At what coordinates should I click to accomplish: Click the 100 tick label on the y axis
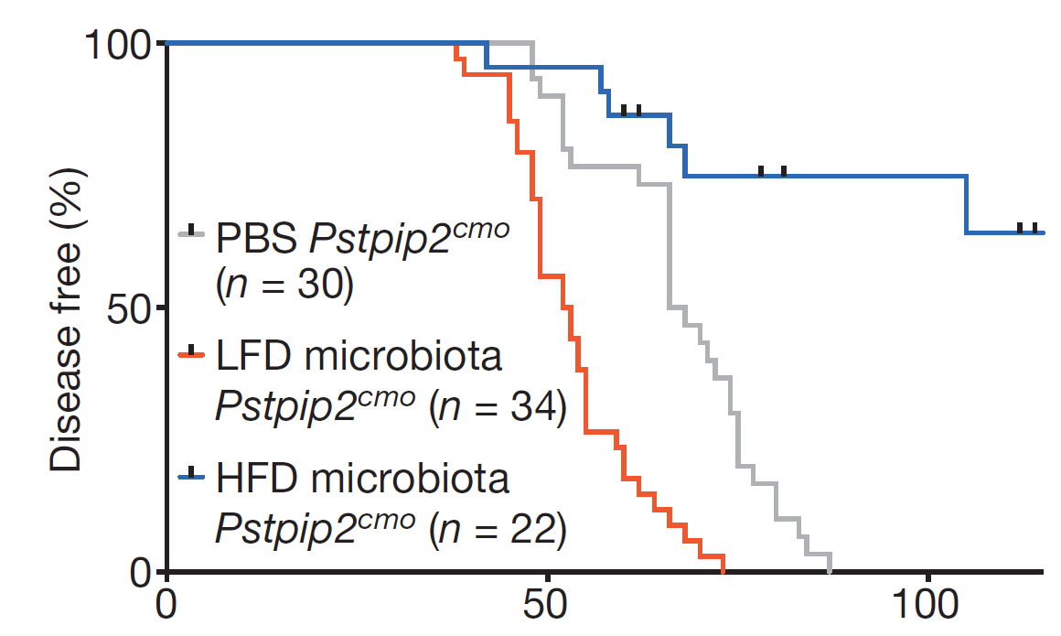click(116, 45)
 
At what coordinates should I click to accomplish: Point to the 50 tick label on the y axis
click(129, 308)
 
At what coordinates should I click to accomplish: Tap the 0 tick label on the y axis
click(140, 572)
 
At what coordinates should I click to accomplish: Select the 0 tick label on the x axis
click(166, 604)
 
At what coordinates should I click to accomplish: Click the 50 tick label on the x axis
click(545, 604)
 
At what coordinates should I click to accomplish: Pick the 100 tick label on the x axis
click(925, 604)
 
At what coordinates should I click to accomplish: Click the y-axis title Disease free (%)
click(66, 318)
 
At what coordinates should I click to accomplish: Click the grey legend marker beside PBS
click(191, 232)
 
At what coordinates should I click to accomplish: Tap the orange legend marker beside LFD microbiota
click(191, 351)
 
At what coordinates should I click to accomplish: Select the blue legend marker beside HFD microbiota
click(191, 474)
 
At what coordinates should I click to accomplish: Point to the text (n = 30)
click(284, 285)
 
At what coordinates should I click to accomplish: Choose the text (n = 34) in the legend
click(498, 407)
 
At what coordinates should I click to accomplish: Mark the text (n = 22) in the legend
click(498, 529)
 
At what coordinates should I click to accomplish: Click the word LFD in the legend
click(254, 356)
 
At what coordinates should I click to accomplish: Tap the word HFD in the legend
click(257, 479)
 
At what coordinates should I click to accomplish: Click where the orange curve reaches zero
click(723, 571)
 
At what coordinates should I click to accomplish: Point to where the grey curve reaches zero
click(830, 571)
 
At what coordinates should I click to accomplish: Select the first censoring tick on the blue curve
click(624, 111)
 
